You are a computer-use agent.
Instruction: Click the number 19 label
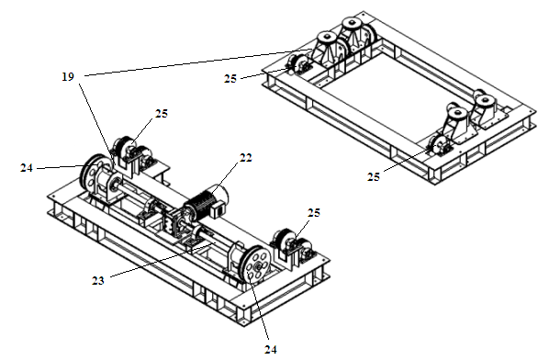tap(68, 77)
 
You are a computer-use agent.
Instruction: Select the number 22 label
tap(245, 158)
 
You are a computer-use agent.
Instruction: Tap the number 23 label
tap(98, 280)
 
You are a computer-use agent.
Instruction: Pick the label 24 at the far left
tap(27, 168)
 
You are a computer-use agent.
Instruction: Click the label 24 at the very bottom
tap(270, 350)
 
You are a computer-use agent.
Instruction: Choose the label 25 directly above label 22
tap(162, 114)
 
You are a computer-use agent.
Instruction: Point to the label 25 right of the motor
tap(313, 213)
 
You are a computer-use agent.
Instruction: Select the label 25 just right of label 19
tap(230, 79)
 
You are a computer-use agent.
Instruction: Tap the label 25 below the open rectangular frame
tap(374, 177)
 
